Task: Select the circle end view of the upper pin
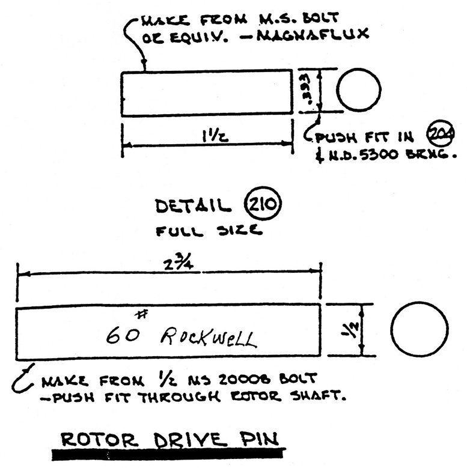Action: [358, 91]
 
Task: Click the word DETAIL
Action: [192, 207]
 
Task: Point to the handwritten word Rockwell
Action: [208, 339]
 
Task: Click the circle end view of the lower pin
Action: [419, 330]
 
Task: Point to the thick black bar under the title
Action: [168, 454]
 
